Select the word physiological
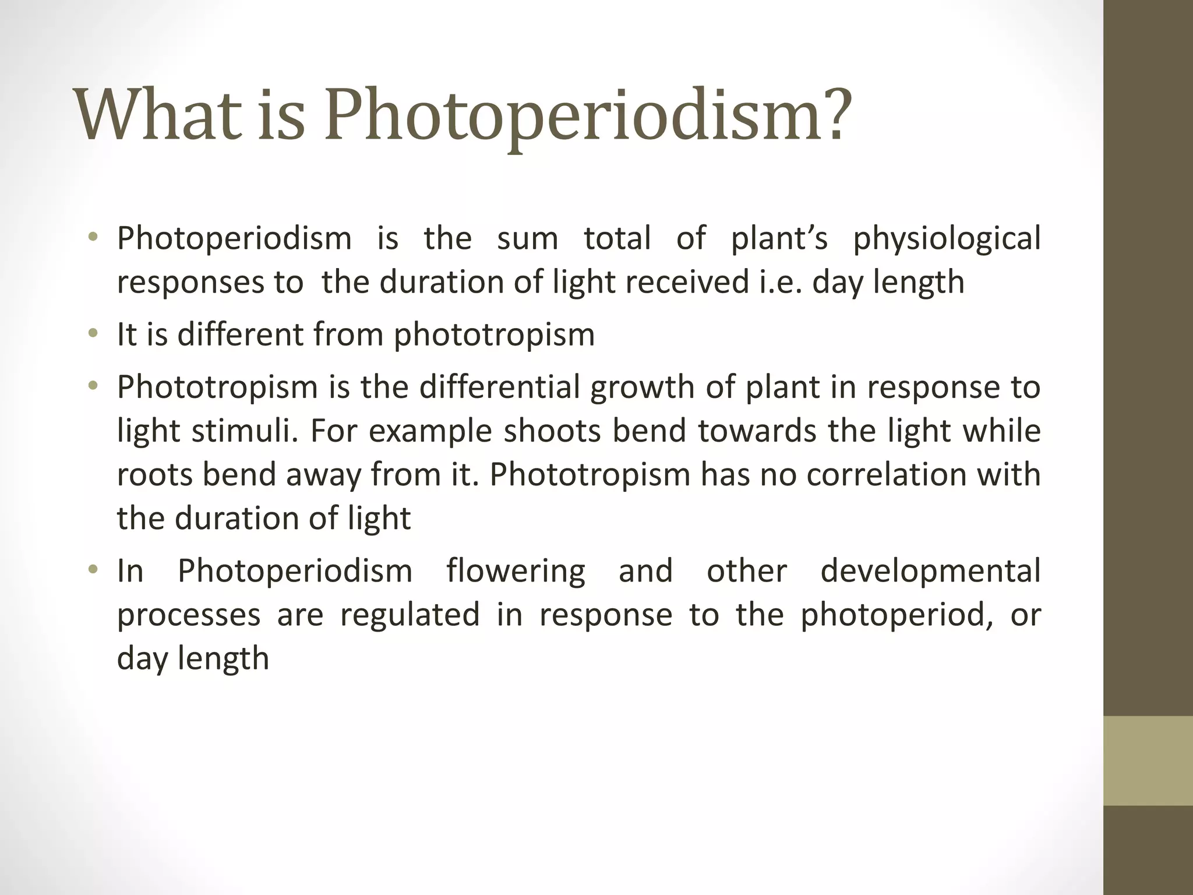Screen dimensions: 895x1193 coord(947,239)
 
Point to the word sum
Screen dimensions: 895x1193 coord(527,239)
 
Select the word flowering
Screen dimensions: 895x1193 coord(516,571)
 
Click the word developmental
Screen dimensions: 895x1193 coord(930,571)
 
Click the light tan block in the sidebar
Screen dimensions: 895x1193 coord(1148,760)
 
